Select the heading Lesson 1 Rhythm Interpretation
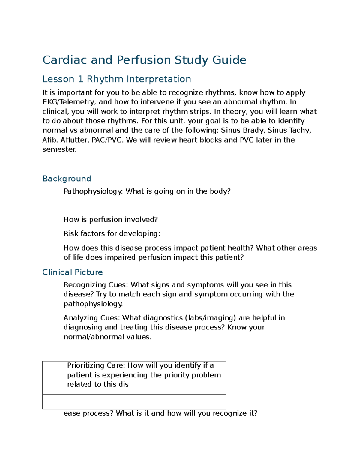click(x=117, y=79)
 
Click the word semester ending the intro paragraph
click(x=59, y=149)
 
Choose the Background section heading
click(x=67, y=179)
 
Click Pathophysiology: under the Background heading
click(x=93, y=191)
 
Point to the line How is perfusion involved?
click(x=111, y=220)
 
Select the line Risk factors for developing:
click(x=112, y=234)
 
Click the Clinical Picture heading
click(x=73, y=272)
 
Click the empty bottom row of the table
click(x=134, y=402)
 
